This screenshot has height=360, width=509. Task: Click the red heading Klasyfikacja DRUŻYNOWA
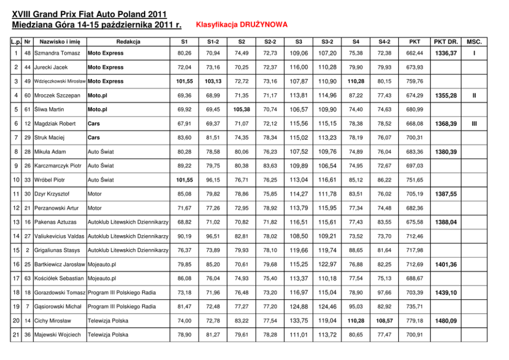pos(242,25)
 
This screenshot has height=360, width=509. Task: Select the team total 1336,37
pos(445,53)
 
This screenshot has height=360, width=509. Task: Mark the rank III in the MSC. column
pos(475,124)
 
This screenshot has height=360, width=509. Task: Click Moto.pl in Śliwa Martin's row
pos(97,109)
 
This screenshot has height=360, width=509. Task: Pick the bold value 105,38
pos(242,109)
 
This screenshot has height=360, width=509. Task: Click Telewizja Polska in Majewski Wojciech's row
pos(108,335)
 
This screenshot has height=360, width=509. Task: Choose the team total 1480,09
pos(445,320)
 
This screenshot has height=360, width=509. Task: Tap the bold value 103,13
pos(213,81)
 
